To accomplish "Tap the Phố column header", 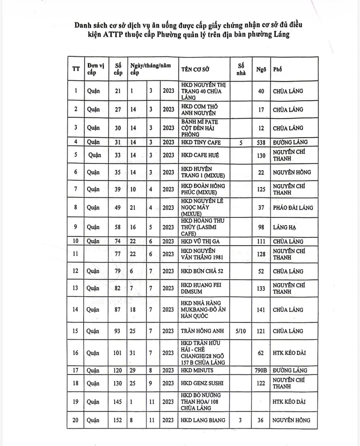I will click(x=278, y=69).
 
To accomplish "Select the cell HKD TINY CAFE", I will click(x=200, y=142).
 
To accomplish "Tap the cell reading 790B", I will click(x=261, y=370).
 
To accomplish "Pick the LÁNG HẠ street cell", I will click(x=284, y=227).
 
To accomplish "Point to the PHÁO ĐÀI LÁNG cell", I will click(x=292, y=208).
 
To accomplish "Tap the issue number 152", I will click(x=118, y=421).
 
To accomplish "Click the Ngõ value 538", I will click(x=261, y=142).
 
